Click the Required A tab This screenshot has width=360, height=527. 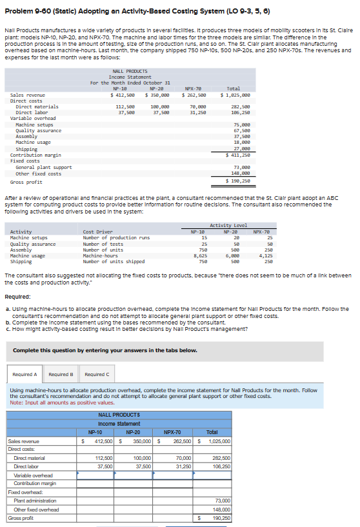(25, 374)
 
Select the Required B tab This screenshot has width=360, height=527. (61, 374)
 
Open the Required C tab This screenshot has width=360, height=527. (97, 374)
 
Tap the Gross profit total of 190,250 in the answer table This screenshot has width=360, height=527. (221, 517)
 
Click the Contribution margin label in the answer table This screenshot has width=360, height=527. (35, 483)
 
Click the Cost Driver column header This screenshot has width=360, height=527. (98, 231)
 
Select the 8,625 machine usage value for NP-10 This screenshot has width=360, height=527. (200, 256)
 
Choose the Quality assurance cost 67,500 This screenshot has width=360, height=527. (241, 130)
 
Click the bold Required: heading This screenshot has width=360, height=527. (17, 298)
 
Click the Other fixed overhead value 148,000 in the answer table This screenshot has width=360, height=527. (221, 509)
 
